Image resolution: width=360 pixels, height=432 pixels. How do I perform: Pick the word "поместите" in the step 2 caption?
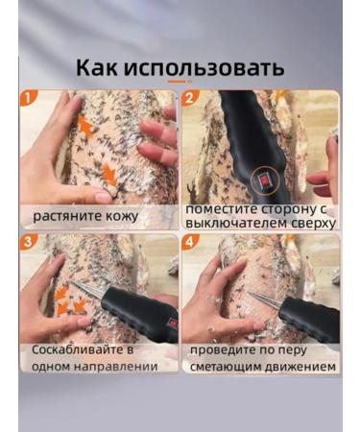point(222,207)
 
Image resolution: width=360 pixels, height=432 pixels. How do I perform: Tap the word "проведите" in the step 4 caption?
point(227,350)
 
